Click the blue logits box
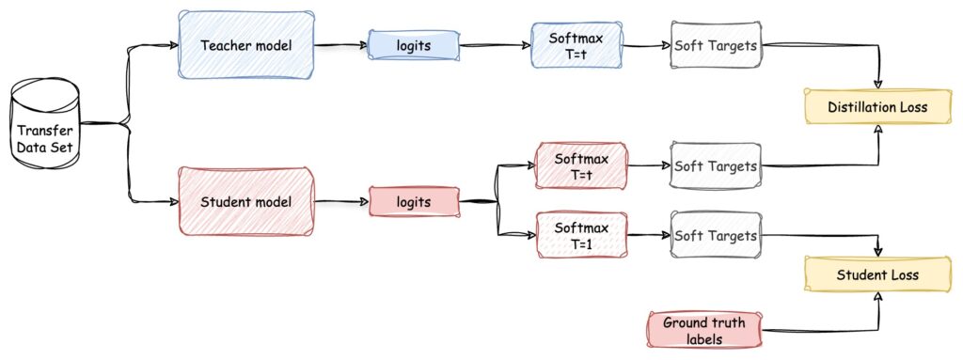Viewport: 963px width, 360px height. pos(414,45)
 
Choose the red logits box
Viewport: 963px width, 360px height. pos(414,201)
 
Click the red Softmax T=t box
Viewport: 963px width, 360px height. pos(581,165)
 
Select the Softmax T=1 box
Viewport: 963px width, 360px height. pos(581,235)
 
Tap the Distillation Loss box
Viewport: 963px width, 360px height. pos(877,107)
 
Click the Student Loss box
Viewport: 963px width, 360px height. pos(877,274)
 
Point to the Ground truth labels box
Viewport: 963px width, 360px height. pos(704,331)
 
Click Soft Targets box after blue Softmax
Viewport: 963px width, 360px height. pos(715,45)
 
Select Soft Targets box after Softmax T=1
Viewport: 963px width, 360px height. pos(715,235)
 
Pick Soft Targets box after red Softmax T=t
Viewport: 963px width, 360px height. pos(715,165)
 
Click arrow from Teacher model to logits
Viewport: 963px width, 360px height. pos(340,45)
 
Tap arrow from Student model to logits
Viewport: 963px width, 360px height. pos(340,201)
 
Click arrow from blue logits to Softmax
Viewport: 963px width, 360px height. pos(495,45)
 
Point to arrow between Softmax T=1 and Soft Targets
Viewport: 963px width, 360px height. pos(648,235)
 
